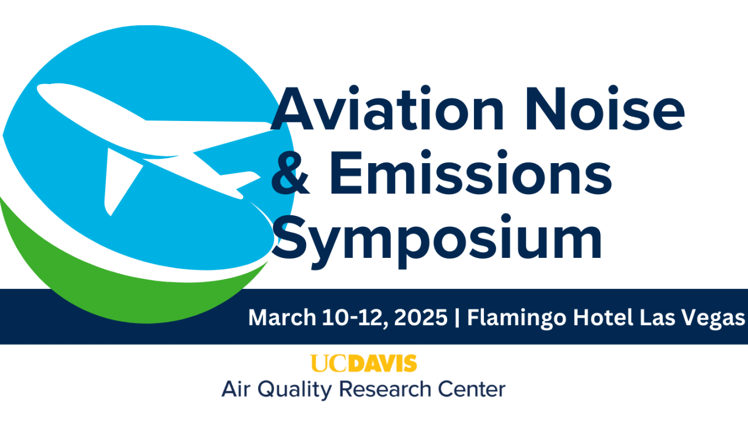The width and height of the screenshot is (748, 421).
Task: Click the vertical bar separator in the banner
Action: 458,319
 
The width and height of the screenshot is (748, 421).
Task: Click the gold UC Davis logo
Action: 363,363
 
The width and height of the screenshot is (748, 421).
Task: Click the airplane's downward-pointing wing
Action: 120,178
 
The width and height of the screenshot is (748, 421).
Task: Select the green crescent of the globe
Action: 88,275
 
